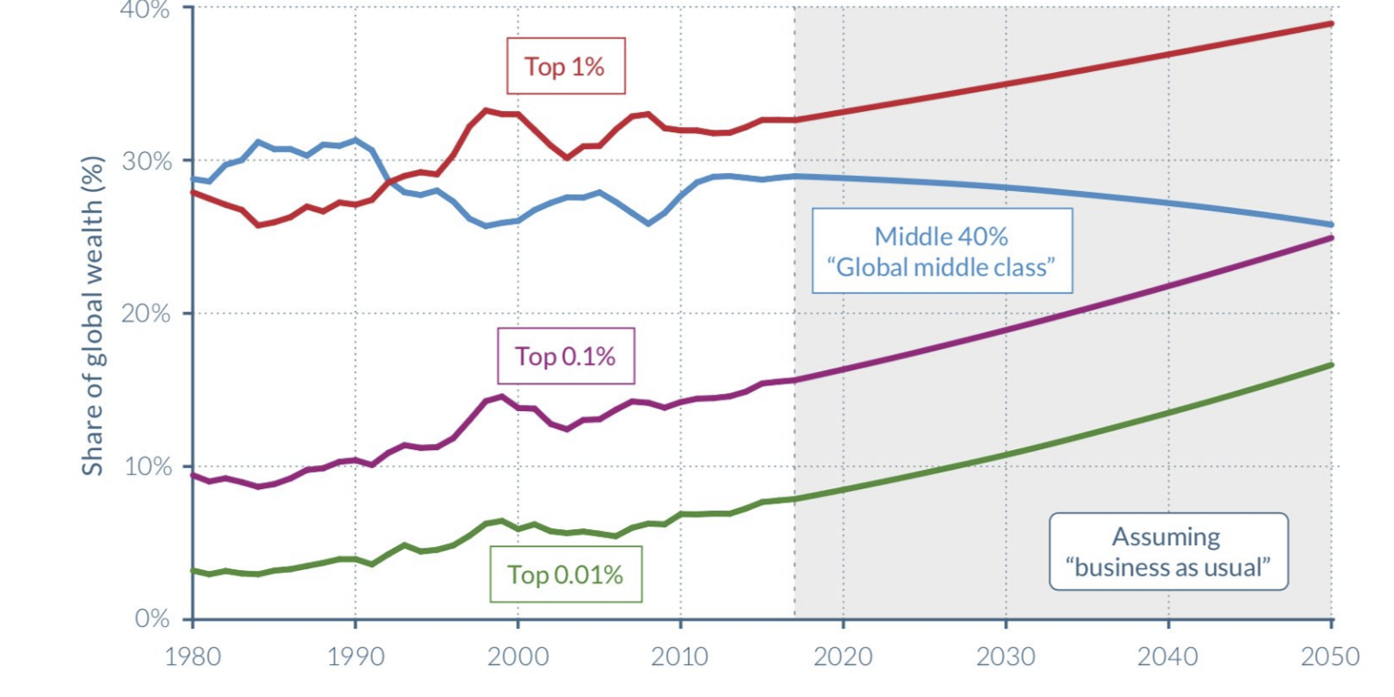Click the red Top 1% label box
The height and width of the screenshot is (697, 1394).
point(566,66)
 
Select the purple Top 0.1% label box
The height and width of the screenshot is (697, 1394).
point(566,356)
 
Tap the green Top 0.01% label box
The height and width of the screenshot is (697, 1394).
point(566,574)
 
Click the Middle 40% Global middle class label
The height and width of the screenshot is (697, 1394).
point(941,251)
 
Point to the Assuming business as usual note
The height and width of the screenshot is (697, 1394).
point(1168,551)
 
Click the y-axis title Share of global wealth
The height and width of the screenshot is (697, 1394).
point(92,316)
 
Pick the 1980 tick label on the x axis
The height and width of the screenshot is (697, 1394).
point(193,656)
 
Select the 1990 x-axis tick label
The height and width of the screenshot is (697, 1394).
point(355,656)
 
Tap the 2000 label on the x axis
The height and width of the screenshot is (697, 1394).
point(518,656)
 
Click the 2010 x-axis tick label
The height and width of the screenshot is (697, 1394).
point(680,656)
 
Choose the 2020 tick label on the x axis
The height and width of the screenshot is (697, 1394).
point(843,656)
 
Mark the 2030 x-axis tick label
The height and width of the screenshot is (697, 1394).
point(1005,656)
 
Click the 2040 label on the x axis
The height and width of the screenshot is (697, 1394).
point(1168,656)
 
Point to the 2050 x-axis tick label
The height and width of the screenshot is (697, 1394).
point(1329,656)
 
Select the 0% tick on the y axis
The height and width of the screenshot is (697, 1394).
point(152,618)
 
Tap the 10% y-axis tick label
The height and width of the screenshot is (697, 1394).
point(147,466)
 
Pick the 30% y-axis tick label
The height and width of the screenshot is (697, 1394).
point(147,161)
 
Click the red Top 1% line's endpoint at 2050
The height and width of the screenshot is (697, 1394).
point(1331,24)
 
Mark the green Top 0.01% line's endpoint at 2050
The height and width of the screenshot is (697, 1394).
point(1331,365)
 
